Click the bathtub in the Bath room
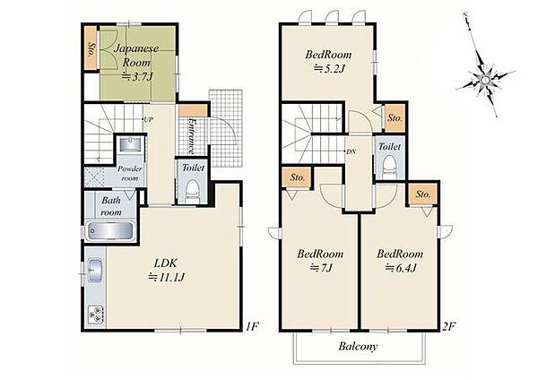click(x=109, y=231)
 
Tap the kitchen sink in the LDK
click(x=95, y=270)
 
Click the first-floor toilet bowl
click(x=192, y=190)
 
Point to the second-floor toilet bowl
click(x=389, y=166)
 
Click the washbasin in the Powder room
click(x=130, y=144)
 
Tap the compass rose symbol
click(x=484, y=80)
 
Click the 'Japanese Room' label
click(x=136, y=56)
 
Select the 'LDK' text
click(x=165, y=263)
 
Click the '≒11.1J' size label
click(x=167, y=277)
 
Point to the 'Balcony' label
click(x=358, y=346)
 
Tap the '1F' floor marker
click(x=251, y=326)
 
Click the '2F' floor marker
click(x=449, y=326)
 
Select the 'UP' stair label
click(x=148, y=119)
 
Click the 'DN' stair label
click(x=351, y=151)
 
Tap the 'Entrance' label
click(x=192, y=136)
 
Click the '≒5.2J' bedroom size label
click(x=329, y=69)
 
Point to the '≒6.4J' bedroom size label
click(x=401, y=267)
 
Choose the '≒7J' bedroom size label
click(x=321, y=267)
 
